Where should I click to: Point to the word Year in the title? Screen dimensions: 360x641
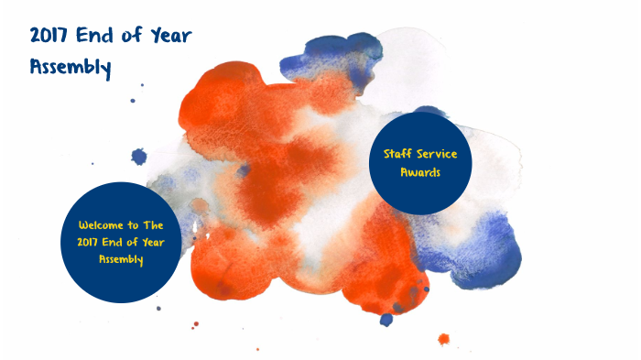point(170,36)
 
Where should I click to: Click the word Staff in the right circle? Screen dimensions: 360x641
point(395,153)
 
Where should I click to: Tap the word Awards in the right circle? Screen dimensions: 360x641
point(419,171)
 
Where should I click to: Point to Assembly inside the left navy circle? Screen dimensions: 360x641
point(121,258)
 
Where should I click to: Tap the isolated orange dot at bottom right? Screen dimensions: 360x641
point(444,339)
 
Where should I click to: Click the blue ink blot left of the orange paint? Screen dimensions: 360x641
point(138,157)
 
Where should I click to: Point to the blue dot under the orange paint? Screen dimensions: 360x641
point(386,319)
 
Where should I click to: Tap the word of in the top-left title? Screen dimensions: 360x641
point(136,36)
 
